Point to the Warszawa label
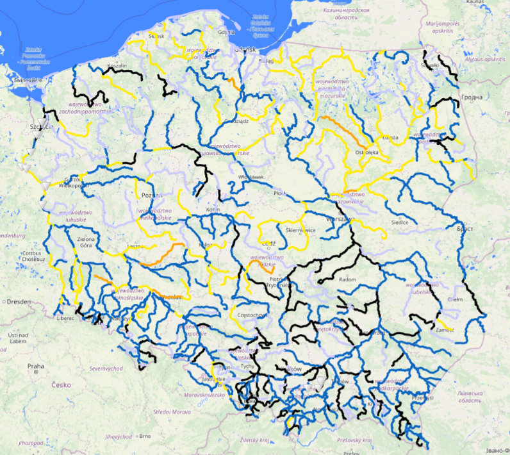pos(339,219)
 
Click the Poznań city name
pos(149,195)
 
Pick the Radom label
pos(347,279)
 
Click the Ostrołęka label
pos(367,153)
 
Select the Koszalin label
pos(117,65)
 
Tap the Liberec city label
pos(65,318)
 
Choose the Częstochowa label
pos(251,315)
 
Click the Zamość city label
pos(444,329)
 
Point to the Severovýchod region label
pos(106,368)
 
